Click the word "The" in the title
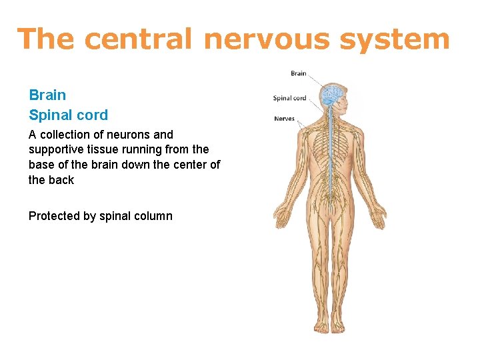46,39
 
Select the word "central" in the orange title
138,39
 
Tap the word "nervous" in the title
265,39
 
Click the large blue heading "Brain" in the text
47,95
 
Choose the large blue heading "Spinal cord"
68,115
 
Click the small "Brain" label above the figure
298,73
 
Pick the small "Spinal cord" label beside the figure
289,98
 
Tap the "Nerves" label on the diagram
284,119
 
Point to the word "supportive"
55,149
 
